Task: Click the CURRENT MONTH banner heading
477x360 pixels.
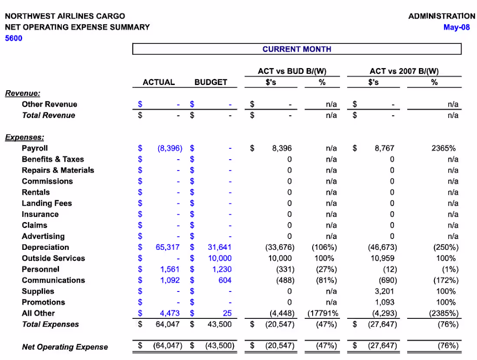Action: pos(297,49)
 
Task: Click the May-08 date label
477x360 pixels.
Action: pos(456,27)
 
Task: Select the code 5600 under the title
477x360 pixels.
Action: pos(13,38)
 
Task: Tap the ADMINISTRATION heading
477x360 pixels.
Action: pos(441,16)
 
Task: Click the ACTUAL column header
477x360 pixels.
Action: pos(159,82)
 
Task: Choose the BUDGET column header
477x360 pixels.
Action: pos(211,82)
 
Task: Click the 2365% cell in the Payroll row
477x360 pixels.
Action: pos(444,148)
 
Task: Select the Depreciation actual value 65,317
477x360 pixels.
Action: pos(167,247)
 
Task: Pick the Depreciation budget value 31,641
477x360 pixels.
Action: pos(220,247)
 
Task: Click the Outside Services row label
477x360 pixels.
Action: pos(53,258)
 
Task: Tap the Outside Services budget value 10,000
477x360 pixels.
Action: pos(220,258)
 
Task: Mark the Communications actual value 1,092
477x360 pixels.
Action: pos(170,280)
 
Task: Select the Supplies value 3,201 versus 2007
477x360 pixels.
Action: pos(385,291)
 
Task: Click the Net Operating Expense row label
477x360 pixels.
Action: pos(65,347)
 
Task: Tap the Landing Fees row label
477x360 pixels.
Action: pos(47,203)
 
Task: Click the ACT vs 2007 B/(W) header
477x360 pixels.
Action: pos(404,71)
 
